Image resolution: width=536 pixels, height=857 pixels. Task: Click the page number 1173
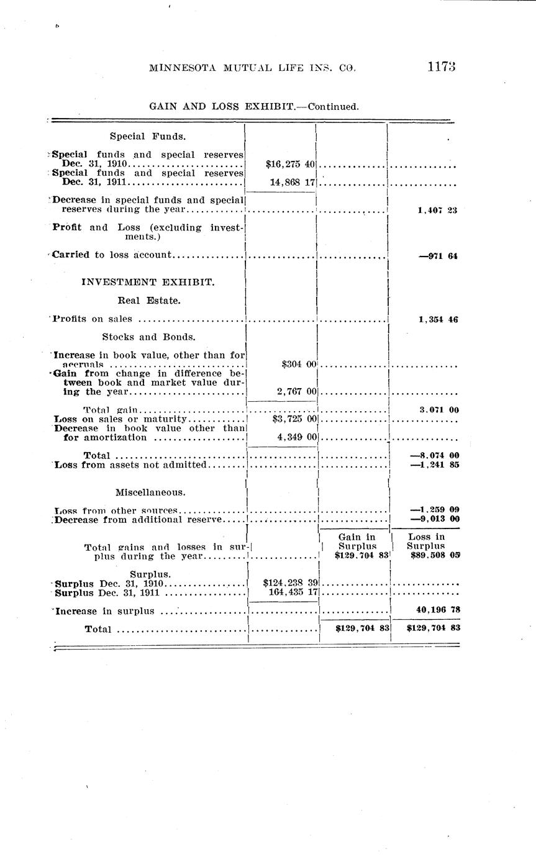tap(442, 68)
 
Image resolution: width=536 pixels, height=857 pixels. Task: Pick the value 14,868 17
tap(293, 183)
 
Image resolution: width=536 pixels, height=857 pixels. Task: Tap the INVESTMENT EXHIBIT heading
tap(148, 282)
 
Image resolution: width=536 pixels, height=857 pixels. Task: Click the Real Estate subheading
tap(149, 301)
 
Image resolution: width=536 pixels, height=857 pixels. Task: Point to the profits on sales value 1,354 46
tap(438, 320)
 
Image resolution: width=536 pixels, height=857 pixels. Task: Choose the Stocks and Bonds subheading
tap(149, 337)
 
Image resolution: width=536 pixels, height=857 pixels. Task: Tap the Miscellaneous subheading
tap(150, 492)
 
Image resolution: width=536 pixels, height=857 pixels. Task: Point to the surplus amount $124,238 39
tap(290, 583)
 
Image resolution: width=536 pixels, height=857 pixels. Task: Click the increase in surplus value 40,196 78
tap(437, 610)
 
